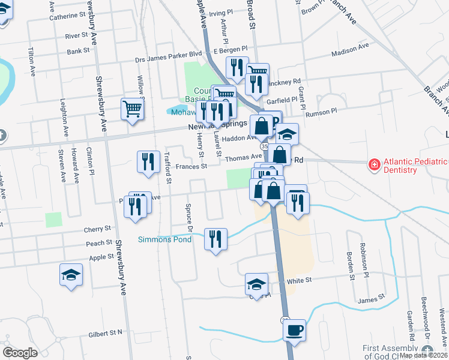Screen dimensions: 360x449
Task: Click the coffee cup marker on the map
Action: (294, 331)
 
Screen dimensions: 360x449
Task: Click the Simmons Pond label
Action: (165, 239)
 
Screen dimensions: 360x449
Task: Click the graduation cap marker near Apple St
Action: (71, 275)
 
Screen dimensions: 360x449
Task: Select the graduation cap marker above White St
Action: (257, 284)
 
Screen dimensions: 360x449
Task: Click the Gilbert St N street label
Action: (105, 332)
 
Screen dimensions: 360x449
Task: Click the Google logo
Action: (20, 352)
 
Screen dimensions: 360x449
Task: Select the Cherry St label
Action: (97, 229)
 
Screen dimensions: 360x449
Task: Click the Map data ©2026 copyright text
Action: (423, 355)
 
